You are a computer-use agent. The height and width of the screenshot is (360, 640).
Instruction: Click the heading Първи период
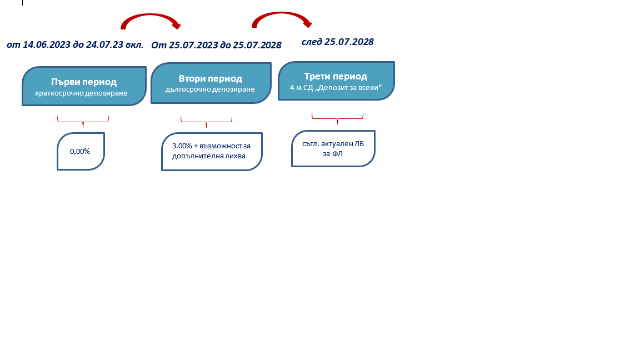84,82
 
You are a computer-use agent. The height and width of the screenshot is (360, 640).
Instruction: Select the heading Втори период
211,78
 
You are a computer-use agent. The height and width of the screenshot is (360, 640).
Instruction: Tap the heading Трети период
336,76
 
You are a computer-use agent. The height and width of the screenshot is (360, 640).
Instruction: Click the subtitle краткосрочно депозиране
81,93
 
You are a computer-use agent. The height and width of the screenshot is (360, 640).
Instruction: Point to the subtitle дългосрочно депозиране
210,89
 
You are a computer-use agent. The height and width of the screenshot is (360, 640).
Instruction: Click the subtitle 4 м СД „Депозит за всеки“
336,87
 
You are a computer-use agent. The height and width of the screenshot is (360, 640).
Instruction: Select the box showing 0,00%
81,152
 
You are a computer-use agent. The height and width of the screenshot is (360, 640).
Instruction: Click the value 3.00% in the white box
182,146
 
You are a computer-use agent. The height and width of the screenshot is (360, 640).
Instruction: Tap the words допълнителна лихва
209,156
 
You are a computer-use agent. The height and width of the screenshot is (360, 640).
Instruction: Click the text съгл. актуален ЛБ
333,144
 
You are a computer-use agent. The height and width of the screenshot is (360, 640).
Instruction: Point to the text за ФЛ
333,154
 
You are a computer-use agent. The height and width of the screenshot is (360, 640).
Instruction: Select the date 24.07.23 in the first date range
104,44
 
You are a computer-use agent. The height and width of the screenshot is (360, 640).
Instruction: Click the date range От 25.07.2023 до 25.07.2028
216,45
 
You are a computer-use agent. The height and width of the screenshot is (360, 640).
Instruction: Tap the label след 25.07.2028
338,42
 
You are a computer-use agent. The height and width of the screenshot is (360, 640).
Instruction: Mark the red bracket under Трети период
337,118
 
